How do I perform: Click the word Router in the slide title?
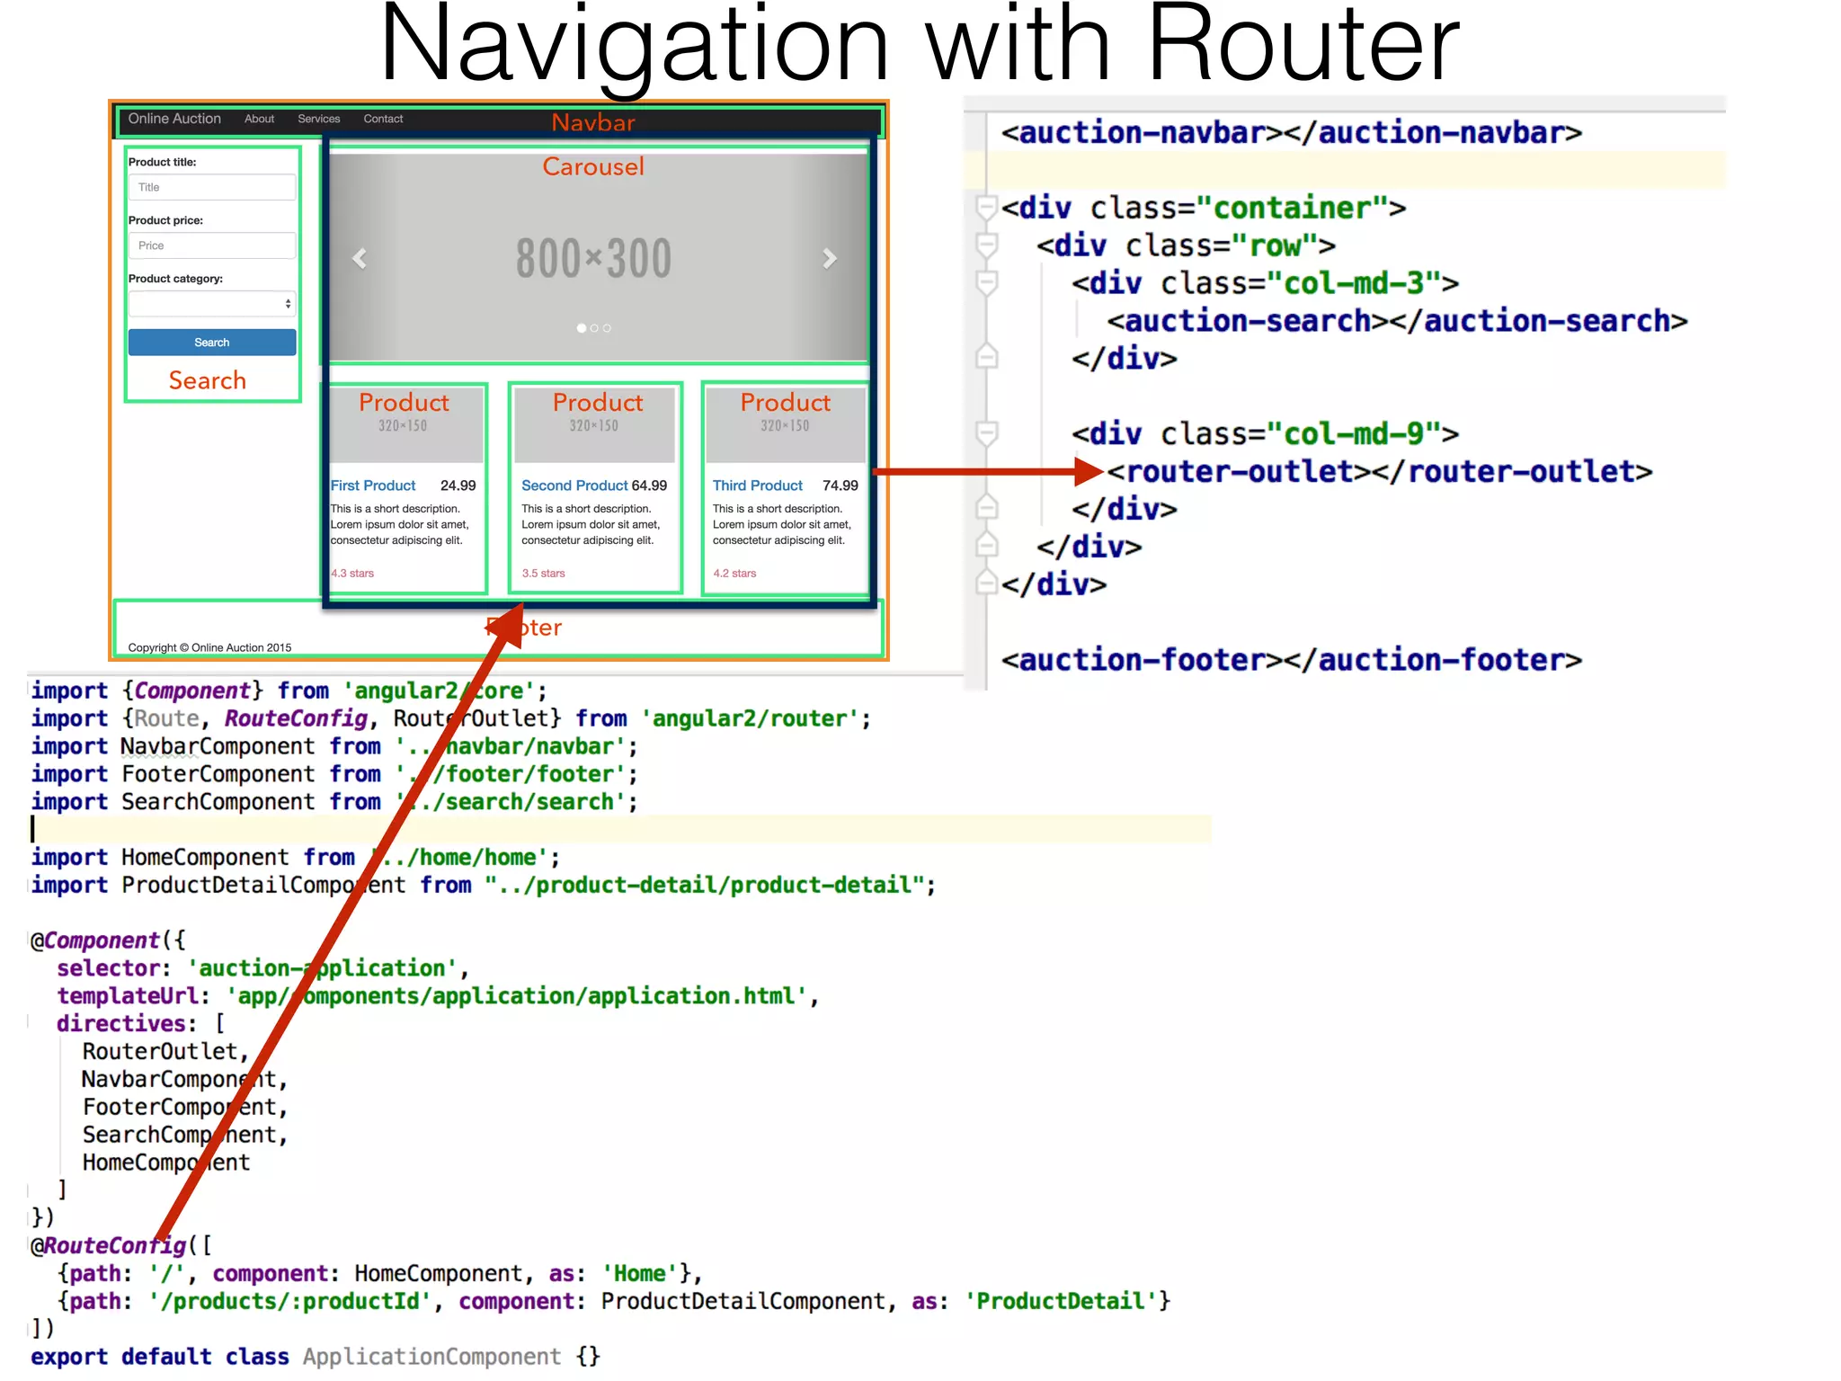click(1303, 45)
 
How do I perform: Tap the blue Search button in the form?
click(212, 343)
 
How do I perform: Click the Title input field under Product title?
click(212, 187)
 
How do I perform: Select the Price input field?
click(212, 245)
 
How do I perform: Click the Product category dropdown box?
click(212, 304)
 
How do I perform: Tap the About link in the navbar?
click(259, 119)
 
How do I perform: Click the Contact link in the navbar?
click(383, 119)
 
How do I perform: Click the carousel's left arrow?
click(360, 259)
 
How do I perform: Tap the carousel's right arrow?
click(830, 259)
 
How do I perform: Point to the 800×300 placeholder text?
click(593, 259)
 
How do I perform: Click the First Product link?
click(373, 486)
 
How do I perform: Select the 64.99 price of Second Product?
click(649, 486)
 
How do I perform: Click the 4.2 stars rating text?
click(734, 574)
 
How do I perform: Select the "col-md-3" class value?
click(1353, 283)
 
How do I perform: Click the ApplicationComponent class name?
click(431, 1356)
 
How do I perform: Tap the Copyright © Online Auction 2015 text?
click(209, 647)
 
